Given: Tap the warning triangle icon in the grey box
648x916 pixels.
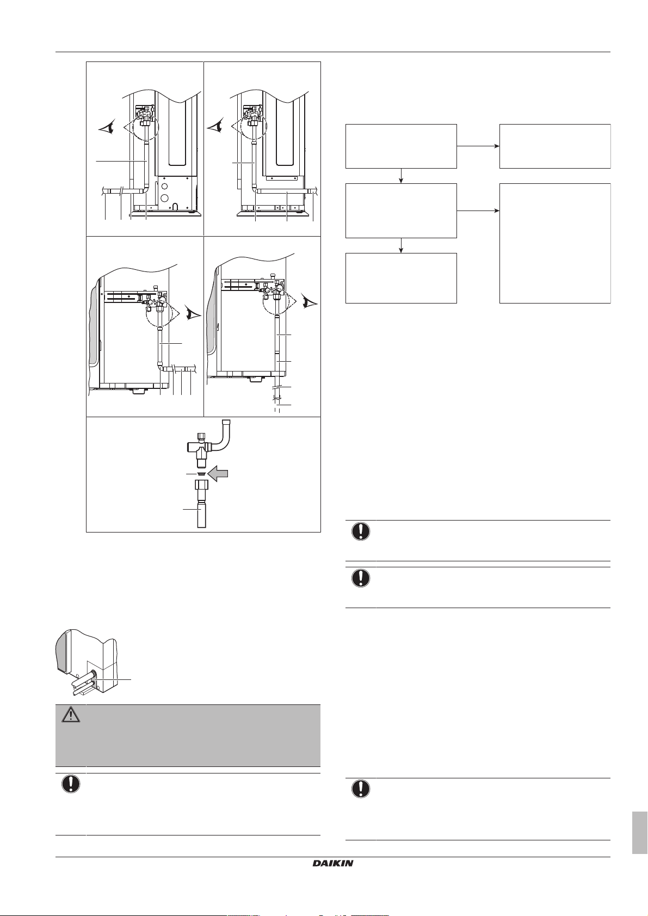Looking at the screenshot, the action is click(70, 715).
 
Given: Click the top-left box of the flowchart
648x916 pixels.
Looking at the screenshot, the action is click(401, 146).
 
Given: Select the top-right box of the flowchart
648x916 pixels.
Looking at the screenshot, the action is click(555, 146).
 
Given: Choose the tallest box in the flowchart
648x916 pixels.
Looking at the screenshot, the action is click(555, 243).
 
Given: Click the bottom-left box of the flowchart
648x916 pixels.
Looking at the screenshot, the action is click(401, 278).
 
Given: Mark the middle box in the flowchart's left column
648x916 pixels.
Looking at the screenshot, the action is click(401, 211).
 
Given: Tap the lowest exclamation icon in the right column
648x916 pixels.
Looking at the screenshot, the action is click(361, 789).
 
